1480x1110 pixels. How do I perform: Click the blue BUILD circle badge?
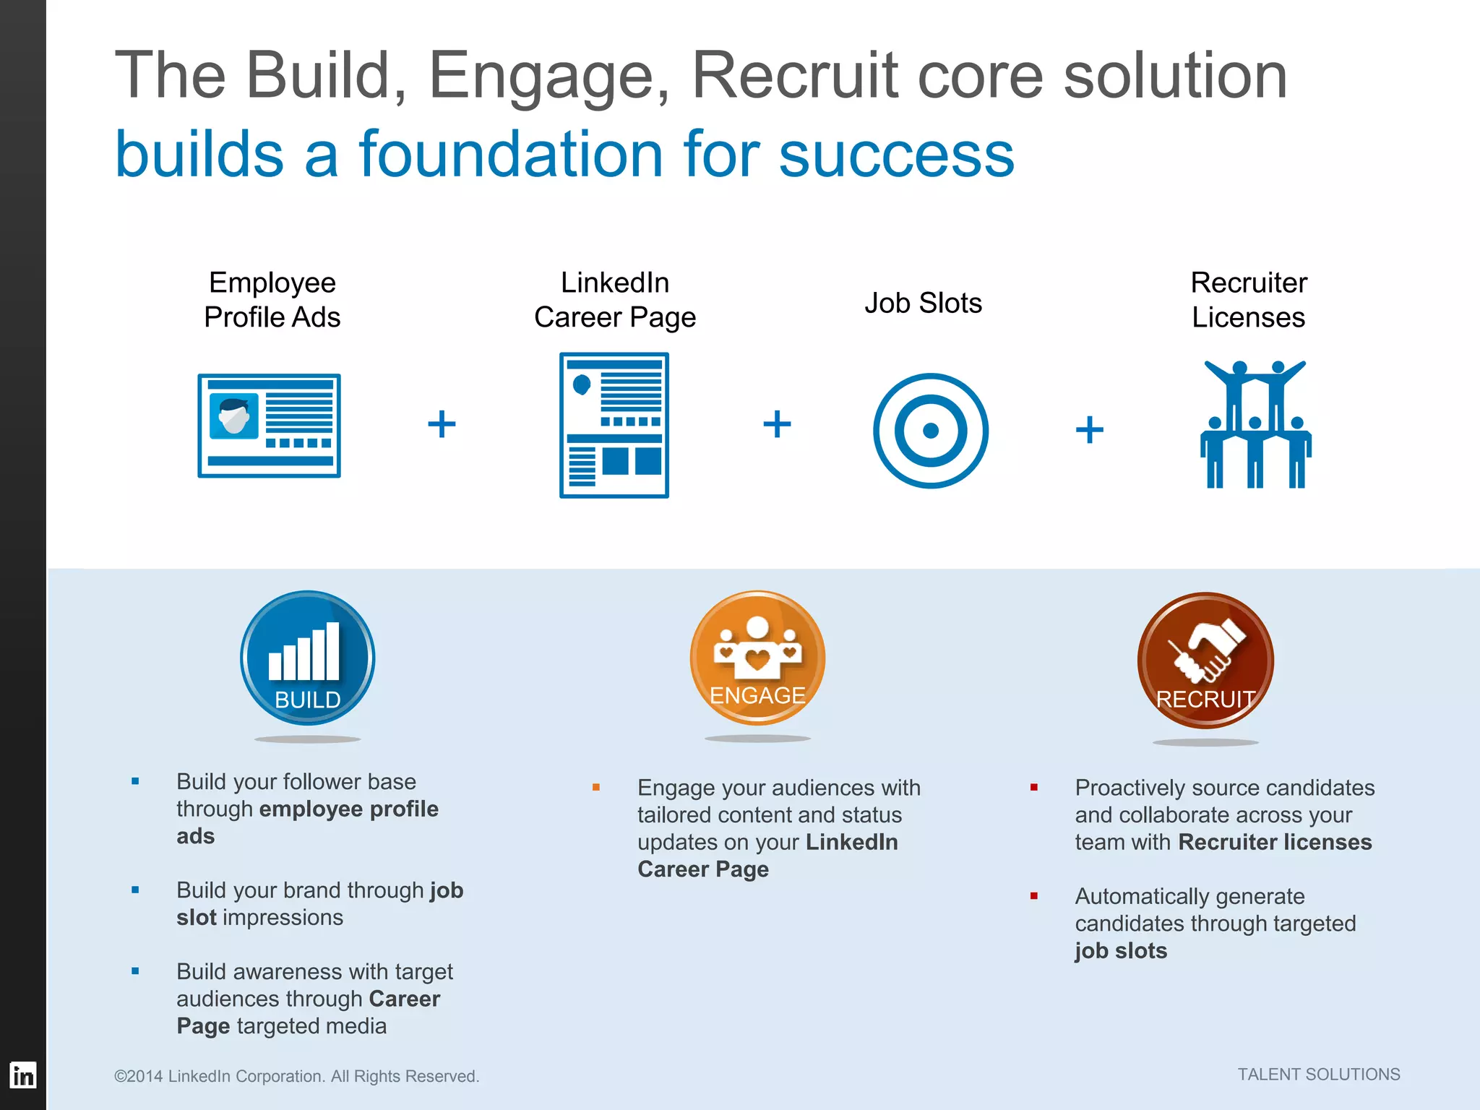point(308,658)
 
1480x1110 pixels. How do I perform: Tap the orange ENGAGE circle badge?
point(757,658)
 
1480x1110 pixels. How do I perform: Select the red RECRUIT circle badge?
point(1205,660)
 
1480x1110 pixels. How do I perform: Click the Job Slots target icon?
point(931,431)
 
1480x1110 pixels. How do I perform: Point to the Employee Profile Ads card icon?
point(269,426)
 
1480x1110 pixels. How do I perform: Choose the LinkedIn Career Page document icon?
point(614,425)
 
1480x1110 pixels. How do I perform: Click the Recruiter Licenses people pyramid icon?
point(1256,425)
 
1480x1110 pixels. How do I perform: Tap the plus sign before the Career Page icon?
point(442,424)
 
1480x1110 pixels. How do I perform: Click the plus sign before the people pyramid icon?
point(1090,430)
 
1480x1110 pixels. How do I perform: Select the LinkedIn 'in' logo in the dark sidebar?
point(23,1075)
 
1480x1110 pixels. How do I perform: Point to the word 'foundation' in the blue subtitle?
point(510,155)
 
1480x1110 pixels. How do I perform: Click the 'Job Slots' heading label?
point(924,303)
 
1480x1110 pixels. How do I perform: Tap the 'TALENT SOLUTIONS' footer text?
point(1319,1075)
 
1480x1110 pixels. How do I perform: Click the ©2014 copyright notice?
point(296,1076)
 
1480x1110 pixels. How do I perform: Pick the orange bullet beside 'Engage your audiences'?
point(596,787)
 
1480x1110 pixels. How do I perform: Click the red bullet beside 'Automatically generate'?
point(1034,896)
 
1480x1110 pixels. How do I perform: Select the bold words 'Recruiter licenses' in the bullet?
point(1275,842)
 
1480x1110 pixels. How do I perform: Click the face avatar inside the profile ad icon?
point(233,416)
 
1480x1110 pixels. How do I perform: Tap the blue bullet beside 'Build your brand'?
point(135,890)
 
